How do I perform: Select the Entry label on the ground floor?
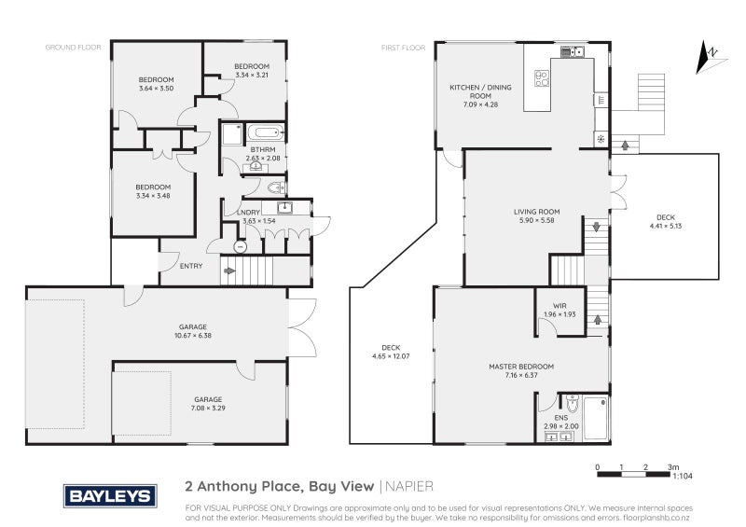(x=190, y=266)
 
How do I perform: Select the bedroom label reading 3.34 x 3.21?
(x=252, y=71)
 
